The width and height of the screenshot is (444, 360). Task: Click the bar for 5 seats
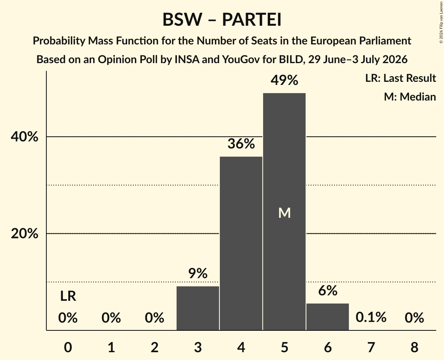284,212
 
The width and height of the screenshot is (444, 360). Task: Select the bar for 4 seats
241,244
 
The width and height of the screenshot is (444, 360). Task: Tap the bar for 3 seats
198,308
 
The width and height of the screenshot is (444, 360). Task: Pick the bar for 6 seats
327,317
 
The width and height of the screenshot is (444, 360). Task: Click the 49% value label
284,80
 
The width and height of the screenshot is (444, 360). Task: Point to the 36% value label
241,143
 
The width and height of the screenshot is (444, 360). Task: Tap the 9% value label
198,274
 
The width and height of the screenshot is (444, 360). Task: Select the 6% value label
327,291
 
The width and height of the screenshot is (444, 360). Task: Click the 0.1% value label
371,317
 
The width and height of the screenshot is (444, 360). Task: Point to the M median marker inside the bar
284,213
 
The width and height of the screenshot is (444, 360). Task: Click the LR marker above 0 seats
68,296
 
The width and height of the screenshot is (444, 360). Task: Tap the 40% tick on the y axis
24,137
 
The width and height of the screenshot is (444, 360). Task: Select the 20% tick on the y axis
24,234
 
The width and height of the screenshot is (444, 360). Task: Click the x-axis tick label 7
371,347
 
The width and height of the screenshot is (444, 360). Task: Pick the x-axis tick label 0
68,347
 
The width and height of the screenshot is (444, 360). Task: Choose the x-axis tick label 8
414,347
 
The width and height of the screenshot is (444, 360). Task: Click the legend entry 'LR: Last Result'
400,78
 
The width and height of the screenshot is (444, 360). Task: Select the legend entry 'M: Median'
410,97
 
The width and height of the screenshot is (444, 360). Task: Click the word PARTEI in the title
252,19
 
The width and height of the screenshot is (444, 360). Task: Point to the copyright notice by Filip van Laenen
441,22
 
